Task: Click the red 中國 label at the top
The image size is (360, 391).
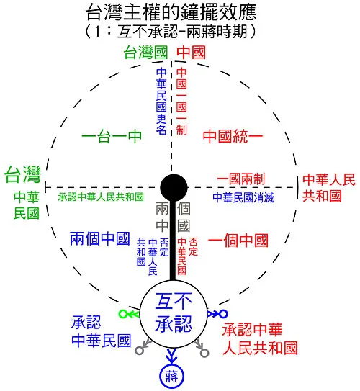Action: pos(192,53)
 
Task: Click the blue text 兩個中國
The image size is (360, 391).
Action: pos(99,238)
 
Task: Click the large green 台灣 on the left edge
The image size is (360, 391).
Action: pos(23,174)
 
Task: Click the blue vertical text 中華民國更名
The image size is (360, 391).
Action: pos(161,101)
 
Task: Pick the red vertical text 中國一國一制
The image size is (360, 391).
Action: pos(181,101)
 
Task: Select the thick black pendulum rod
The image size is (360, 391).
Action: pos(173,241)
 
